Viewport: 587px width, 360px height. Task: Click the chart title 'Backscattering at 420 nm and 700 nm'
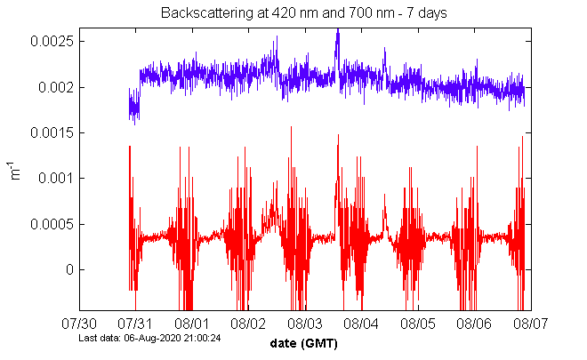304,13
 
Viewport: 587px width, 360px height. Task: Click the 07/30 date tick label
81,324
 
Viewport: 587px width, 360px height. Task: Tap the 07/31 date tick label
137,324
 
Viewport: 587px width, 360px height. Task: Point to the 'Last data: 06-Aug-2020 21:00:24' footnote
149,339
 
